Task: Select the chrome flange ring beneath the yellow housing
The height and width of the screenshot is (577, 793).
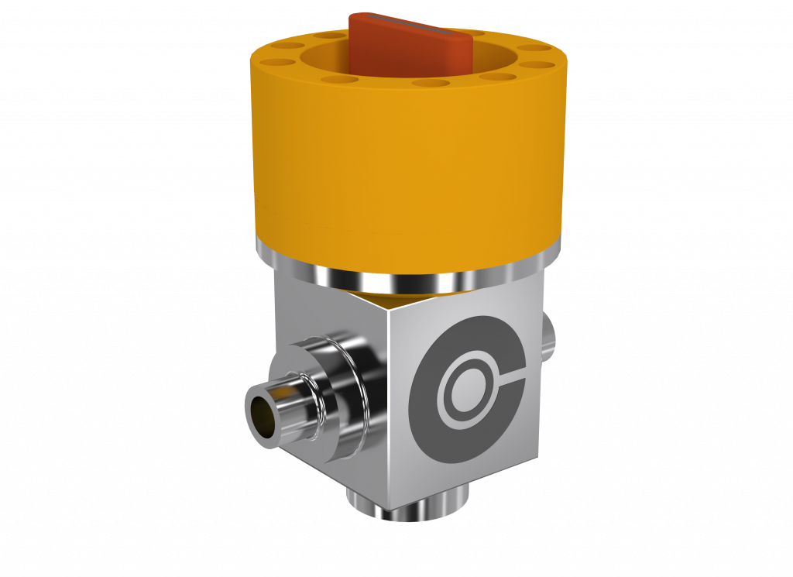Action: pos(403,271)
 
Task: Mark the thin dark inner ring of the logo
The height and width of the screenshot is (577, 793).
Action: pos(449,364)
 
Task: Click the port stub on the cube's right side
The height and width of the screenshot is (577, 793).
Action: pos(548,333)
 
